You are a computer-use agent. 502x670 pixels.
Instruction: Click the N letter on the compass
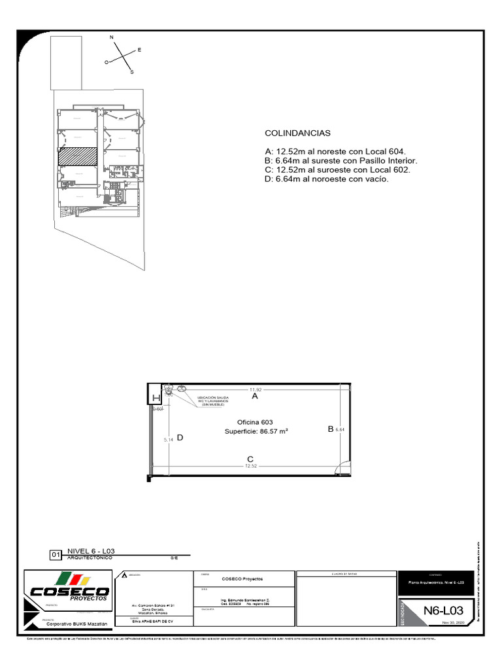tap(112, 37)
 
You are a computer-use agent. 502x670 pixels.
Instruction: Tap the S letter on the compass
tap(131, 73)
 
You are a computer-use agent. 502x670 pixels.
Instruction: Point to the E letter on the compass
tap(139, 50)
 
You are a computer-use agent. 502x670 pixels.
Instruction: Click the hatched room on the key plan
tap(78, 156)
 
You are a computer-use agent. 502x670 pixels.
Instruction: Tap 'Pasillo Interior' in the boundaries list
tap(386, 160)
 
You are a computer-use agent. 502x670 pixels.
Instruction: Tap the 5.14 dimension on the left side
tap(168, 440)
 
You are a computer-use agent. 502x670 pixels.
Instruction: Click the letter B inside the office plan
tap(331, 429)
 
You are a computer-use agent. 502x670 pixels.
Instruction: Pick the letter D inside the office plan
tap(179, 438)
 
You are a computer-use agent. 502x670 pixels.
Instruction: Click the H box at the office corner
tap(156, 398)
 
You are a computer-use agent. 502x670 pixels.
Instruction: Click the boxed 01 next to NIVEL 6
tap(56, 555)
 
